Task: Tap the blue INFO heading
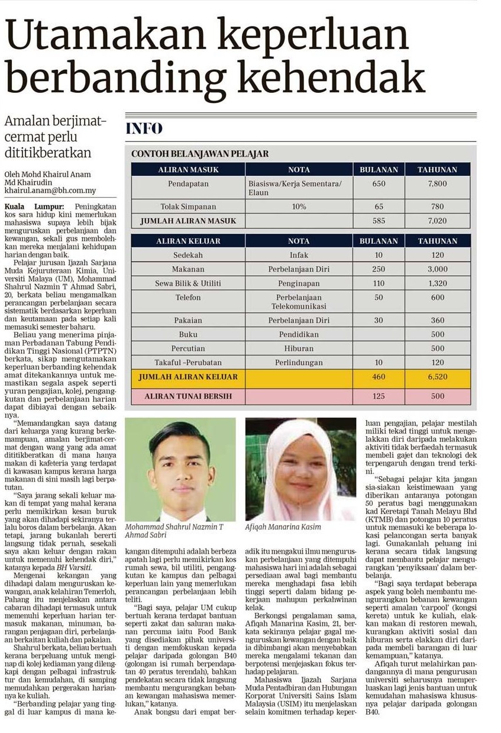[x=144, y=129]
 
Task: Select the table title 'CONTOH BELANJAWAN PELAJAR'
[x=200, y=154]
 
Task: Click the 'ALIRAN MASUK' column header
[x=188, y=170]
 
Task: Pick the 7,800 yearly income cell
[x=438, y=184]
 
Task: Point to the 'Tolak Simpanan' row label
[x=188, y=206]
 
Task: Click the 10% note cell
[x=298, y=206]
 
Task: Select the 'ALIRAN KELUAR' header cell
[x=188, y=241]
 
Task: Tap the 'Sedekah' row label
[x=188, y=256]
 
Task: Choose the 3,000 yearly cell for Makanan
[x=438, y=269]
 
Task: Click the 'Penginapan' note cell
[x=298, y=283]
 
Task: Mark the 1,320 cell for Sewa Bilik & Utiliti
[x=438, y=283]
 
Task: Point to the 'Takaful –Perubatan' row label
[x=188, y=362]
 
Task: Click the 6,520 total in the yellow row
[x=438, y=377]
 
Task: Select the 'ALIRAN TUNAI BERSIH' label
[x=188, y=396]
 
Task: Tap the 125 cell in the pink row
[x=379, y=396]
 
